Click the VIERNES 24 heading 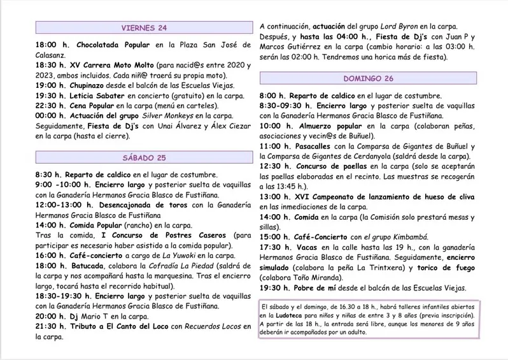coord(145,27)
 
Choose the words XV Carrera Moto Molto coord(118,66)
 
